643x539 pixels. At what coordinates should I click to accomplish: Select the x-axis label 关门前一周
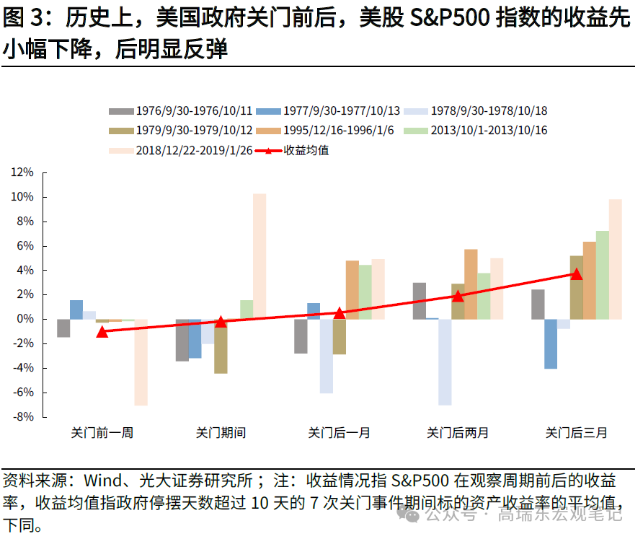[x=102, y=433]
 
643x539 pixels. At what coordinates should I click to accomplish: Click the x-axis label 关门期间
[x=221, y=433]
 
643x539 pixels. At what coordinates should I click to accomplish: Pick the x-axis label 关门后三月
[x=576, y=433]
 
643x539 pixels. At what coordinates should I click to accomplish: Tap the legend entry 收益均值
[x=306, y=151]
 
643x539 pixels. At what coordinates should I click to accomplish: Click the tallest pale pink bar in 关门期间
[x=260, y=256]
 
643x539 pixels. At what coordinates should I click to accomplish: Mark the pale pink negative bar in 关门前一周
[x=141, y=362]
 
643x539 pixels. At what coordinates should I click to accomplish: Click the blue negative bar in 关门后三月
[x=551, y=343]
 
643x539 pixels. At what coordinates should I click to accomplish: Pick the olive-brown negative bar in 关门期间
[x=221, y=346]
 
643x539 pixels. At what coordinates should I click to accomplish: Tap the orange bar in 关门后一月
[x=352, y=289]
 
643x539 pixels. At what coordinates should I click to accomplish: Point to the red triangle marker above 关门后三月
[x=576, y=273]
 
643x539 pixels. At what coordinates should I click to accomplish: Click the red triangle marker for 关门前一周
[x=102, y=331]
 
